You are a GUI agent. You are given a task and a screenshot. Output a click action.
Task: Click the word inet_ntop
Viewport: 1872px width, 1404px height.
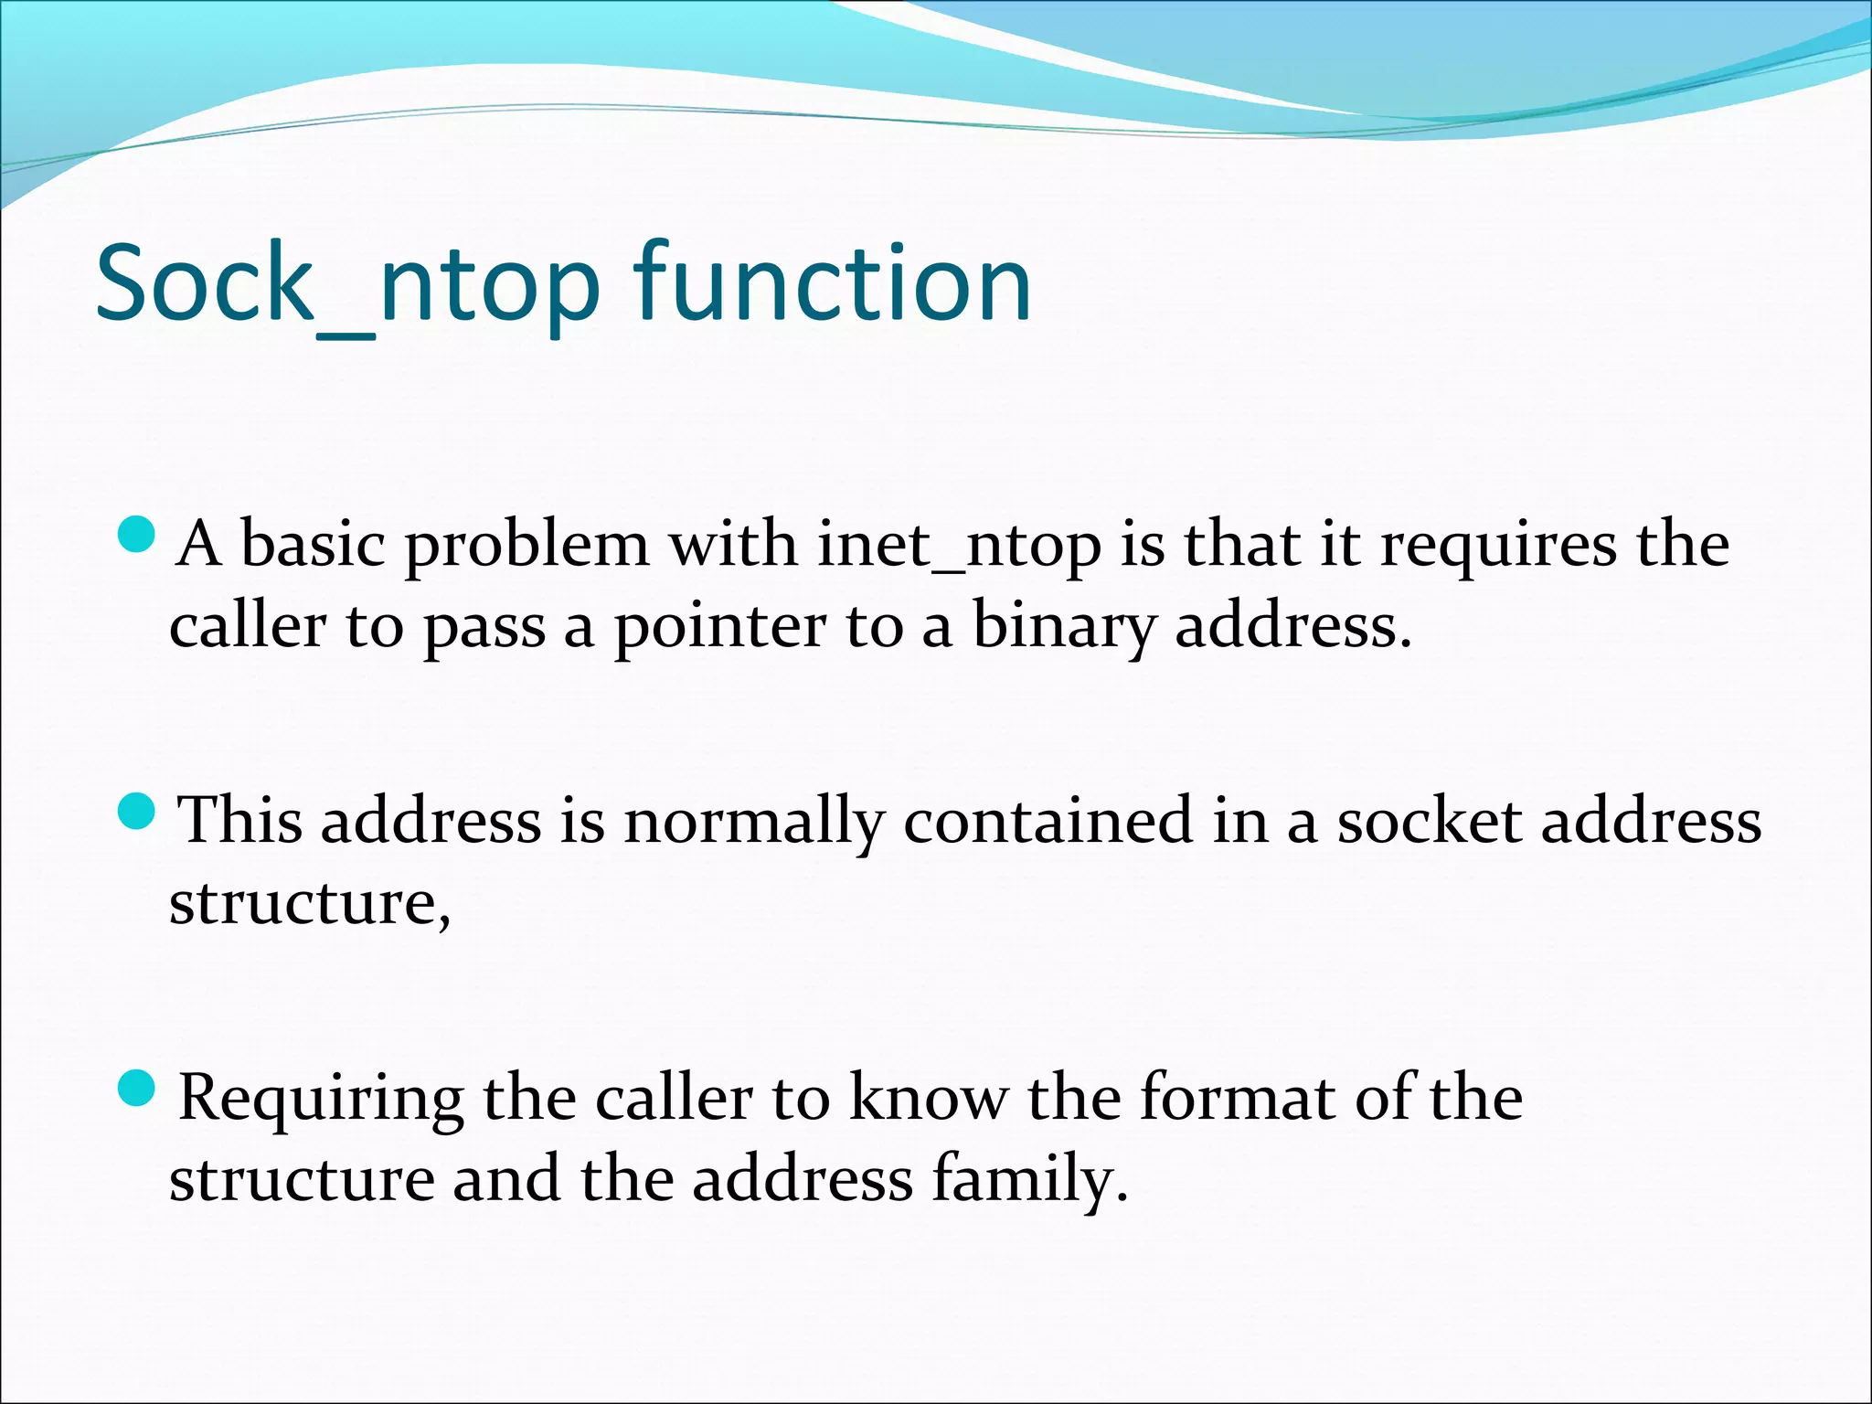click(958, 547)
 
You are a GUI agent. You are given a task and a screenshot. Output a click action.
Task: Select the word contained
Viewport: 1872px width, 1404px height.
click(1048, 820)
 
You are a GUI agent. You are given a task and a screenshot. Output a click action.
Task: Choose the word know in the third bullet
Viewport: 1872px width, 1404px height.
click(928, 1097)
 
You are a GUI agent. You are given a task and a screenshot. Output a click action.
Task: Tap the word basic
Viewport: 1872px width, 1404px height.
click(313, 546)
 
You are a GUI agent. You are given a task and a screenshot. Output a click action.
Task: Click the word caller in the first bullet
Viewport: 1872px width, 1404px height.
click(247, 627)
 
